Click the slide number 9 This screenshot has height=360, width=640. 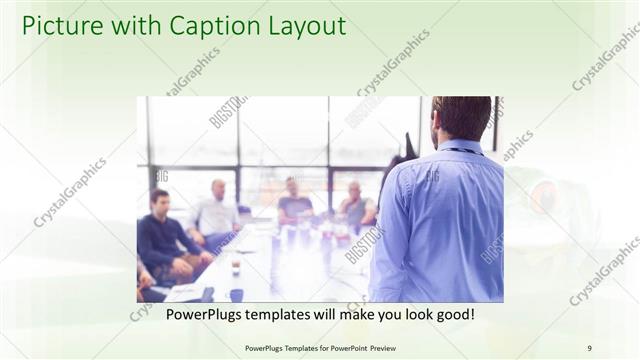590,348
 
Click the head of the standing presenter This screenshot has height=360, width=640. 461,118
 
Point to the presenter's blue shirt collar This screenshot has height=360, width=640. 461,146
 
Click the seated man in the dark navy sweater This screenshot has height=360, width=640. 164,240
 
